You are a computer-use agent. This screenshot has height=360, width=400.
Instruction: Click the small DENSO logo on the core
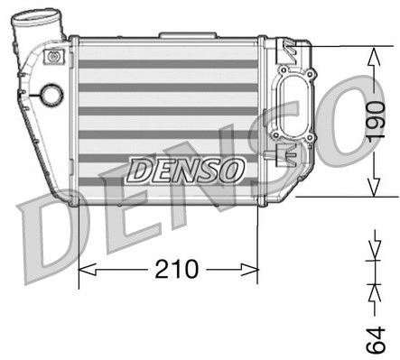click(x=186, y=169)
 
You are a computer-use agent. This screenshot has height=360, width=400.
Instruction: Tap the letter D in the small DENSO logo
click(x=139, y=169)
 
